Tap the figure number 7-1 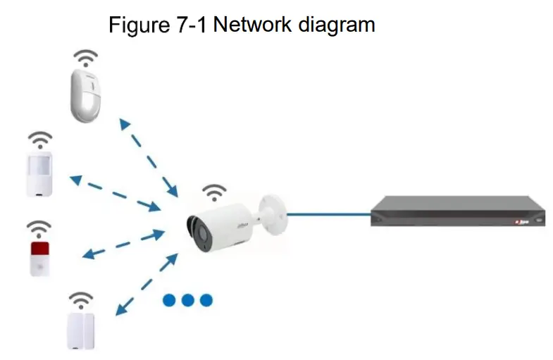point(188,25)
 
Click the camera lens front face point(195,230)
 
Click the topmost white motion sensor point(87,94)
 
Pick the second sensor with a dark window point(39,173)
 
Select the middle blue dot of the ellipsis point(187,300)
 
